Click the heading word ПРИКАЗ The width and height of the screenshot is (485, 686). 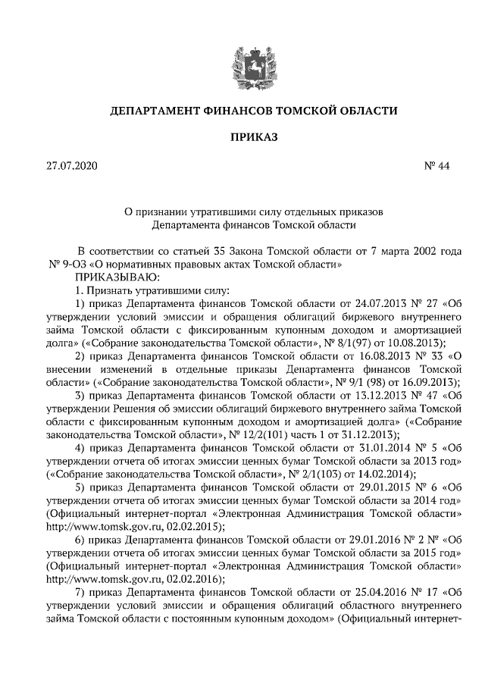pyautogui.click(x=242, y=137)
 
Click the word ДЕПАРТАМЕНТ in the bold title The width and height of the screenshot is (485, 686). pyautogui.click(x=155, y=111)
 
